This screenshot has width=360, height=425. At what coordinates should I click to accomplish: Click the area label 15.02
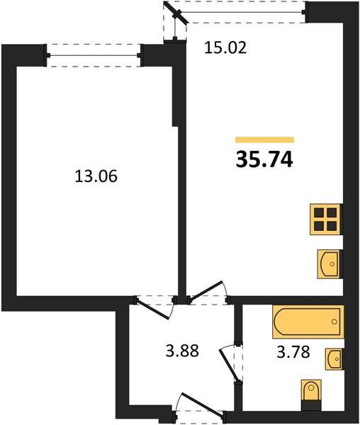click(x=225, y=47)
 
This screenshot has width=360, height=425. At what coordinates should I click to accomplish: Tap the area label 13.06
click(x=96, y=176)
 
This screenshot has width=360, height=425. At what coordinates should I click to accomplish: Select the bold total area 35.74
click(x=264, y=159)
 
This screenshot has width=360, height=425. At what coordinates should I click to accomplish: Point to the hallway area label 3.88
click(x=182, y=350)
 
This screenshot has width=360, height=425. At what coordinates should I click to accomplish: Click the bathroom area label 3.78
click(x=293, y=352)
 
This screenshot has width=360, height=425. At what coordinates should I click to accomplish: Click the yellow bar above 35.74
click(x=264, y=140)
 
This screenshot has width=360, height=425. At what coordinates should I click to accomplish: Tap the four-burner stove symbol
click(x=325, y=220)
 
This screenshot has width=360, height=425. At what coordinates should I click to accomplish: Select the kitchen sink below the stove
click(x=329, y=263)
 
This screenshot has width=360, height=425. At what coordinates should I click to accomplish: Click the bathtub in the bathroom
click(x=308, y=322)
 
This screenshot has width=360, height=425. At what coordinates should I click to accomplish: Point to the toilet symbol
click(x=311, y=390)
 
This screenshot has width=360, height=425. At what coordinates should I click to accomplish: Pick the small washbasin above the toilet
click(x=334, y=359)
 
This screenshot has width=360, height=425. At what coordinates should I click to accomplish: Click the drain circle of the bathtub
click(x=334, y=322)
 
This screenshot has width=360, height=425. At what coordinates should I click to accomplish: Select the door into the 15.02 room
click(x=208, y=290)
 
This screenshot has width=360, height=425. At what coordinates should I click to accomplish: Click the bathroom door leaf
click(x=227, y=365)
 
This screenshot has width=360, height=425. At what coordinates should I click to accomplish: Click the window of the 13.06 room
click(x=94, y=55)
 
